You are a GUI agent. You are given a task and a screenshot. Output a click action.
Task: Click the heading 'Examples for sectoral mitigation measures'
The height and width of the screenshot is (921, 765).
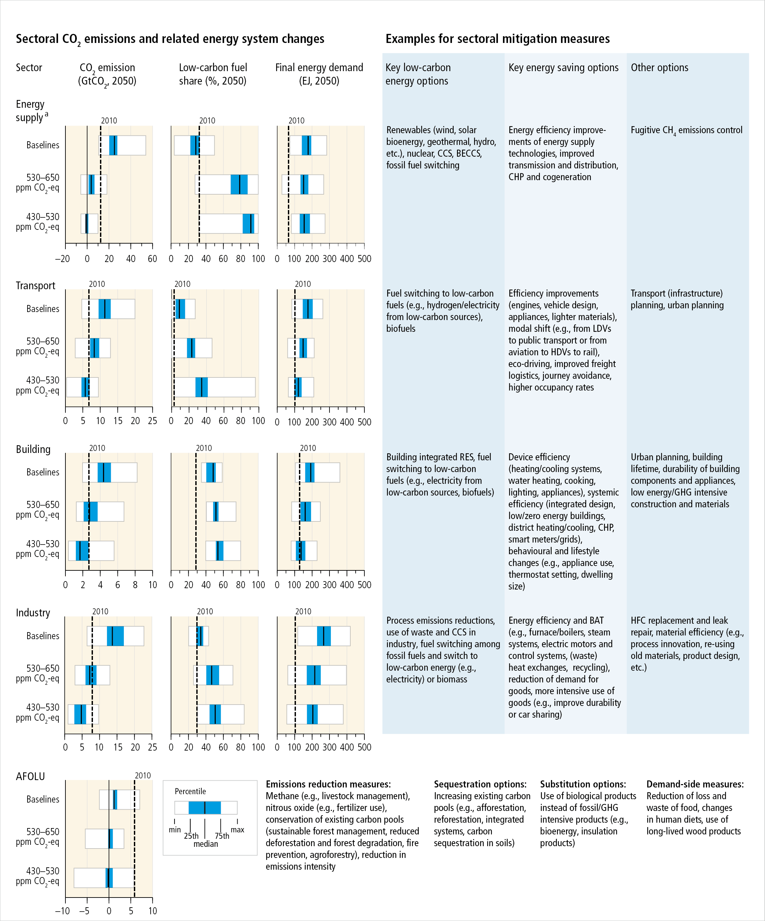point(498,39)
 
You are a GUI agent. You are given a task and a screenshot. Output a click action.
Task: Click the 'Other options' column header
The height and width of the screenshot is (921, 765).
point(659,67)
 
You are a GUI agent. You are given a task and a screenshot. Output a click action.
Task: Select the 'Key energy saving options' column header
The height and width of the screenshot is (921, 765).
point(563,67)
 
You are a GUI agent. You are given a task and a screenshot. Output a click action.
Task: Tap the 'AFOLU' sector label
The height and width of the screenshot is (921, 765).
point(30,776)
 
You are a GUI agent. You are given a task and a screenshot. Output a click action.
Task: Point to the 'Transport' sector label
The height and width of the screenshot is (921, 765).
point(36,286)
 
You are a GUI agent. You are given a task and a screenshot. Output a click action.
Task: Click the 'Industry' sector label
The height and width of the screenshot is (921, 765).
point(33,613)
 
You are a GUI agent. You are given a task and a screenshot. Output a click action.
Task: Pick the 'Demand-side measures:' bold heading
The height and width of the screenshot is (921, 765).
point(695,784)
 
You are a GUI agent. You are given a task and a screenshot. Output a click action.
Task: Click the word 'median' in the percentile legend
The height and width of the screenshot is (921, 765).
point(206,844)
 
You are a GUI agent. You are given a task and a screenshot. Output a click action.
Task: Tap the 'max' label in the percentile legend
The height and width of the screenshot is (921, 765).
point(237,830)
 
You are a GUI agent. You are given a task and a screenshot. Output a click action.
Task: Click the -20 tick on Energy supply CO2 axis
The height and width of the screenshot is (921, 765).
point(62,259)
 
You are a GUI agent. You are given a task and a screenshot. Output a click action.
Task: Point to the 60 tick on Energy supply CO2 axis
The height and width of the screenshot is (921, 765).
point(152,259)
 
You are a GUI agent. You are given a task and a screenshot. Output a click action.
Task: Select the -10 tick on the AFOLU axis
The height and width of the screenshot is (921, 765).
point(62,911)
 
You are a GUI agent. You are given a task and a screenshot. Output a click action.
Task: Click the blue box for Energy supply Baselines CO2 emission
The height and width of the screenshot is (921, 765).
point(113,145)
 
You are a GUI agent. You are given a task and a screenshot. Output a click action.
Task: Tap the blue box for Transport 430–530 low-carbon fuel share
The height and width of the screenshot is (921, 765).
point(201,387)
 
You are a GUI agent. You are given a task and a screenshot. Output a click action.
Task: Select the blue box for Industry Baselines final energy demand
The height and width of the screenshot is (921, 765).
point(324,636)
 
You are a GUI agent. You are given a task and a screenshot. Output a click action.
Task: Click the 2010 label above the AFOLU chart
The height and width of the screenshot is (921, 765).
point(143,775)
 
